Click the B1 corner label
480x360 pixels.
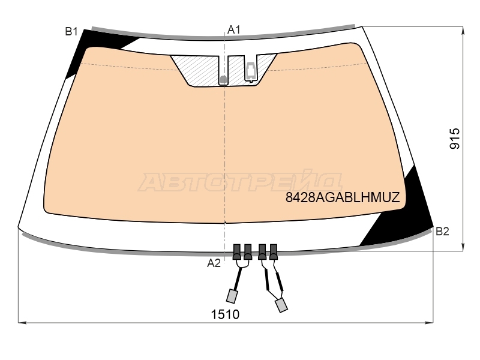pyautogui.click(x=71, y=32)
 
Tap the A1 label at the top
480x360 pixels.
pyautogui.click(x=234, y=29)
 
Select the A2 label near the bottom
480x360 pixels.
pyautogui.click(x=214, y=263)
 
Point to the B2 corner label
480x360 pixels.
pyautogui.click(x=442, y=232)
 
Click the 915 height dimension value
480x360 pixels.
pyautogui.click(x=455, y=139)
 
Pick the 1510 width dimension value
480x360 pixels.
pyautogui.click(x=226, y=314)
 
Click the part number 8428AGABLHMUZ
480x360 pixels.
pyautogui.click(x=343, y=197)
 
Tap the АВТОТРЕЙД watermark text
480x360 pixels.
pyautogui.click(x=239, y=182)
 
